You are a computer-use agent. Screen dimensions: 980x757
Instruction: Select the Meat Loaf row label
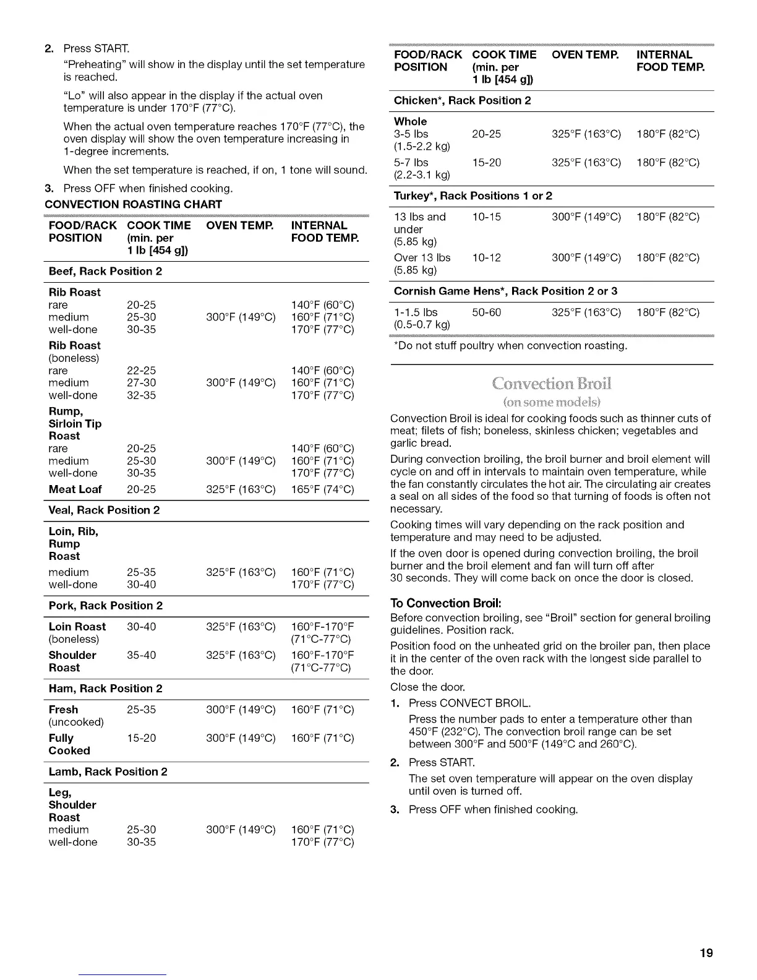(x=75, y=489)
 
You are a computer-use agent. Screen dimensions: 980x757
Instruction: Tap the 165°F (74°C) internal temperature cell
(x=322, y=489)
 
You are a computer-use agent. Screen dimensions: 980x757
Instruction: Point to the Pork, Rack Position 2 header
(x=105, y=606)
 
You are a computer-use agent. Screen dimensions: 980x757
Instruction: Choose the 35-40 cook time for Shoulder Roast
(x=141, y=655)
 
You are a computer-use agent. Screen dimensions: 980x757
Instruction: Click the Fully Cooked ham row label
(x=69, y=744)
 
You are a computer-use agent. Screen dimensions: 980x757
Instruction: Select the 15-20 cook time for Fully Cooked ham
(x=141, y=738)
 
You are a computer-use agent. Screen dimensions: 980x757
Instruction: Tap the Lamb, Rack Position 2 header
(x=108, y=772)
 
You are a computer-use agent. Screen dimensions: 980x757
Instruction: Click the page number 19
(x=706, y=953)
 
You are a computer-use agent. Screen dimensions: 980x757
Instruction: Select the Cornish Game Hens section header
(x=505, y=291)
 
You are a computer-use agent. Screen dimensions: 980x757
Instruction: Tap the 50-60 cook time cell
(x=486, y=312)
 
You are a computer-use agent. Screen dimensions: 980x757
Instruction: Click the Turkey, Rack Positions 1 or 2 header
(x=473, y=196)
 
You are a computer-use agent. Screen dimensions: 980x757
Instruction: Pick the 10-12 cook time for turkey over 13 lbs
(x=486, y=258)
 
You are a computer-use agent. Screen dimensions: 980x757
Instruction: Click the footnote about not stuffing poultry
(x=510, y=346)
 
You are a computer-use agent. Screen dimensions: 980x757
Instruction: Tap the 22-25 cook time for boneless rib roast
(x=141, y=371)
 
